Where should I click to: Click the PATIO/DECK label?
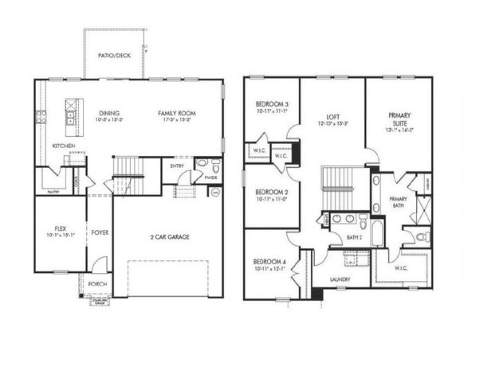tap(115, 56)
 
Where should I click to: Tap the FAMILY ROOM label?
tap(176, 113)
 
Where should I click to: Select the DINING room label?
tap(110, 113)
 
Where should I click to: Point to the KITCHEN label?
tap(65, 146)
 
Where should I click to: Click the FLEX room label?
tap(53, 228)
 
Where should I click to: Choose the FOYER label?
tap(100, 232)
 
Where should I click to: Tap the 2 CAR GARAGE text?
tap(167, 237)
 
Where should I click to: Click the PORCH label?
tap(97, 284)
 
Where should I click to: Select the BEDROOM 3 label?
tap(272, 104)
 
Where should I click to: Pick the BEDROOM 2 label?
tap(271, 193)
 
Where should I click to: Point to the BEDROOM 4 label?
tap(271, 262)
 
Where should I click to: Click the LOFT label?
tap(332, 115)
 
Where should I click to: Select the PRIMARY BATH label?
tap(398, 202)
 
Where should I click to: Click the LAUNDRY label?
tap(340, 279)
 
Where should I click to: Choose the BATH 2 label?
tap(356, 237)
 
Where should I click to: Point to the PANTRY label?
tap(53, 192)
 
